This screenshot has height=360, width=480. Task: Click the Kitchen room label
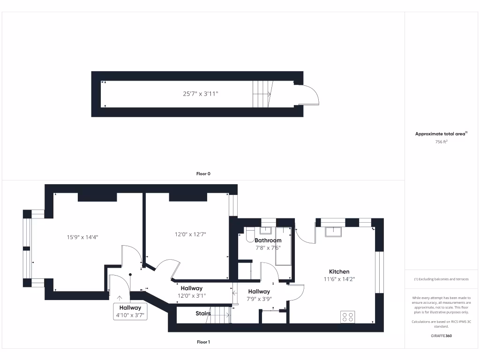pyautogui.click(x=339, y=272)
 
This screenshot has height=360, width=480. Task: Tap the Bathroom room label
pyautogui.click(x=268, y=240)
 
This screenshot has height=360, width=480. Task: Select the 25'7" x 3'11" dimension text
pyautogui.click(x=201, y=94)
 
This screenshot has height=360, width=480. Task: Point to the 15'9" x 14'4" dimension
pyautogui.click(x=82, y=237)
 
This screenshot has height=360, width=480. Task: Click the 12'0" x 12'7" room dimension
pyautogui.click(x=190, y=234)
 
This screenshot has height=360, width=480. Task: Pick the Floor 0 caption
pyautogui.click(x=203, y=173)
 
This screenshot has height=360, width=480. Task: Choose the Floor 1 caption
pyautogui.click(x=203, y=342)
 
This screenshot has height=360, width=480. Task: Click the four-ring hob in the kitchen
pyautogui.click(x=348, y=317)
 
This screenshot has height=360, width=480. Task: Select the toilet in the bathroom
pyautogui.click(x=249, y=234)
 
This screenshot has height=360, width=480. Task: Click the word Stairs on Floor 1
pyautogui.click(x=203, y=314)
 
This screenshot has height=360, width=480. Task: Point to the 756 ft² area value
pyautogui.click(x=441, y=142)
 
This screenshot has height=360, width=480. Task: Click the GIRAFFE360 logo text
pyautogui.click(x=441, y=336)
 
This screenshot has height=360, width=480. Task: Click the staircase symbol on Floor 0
pyautogui.click(x=262, y=94)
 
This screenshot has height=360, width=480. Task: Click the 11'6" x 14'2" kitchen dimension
pyautogui.click(x=339, y=279)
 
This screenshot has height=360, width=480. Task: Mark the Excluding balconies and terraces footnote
pyautogui.click(x=441, y=279)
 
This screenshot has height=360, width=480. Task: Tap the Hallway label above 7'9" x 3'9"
pyautogui.click(x=259, y=292)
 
